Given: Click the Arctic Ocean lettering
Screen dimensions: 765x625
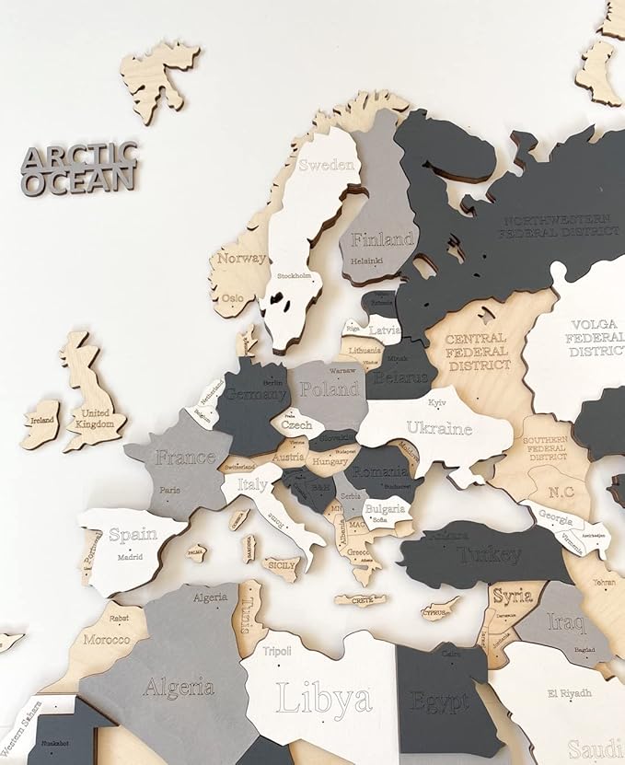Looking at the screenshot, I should click(79, 168).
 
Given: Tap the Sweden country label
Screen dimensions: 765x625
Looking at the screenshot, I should click(327, 166).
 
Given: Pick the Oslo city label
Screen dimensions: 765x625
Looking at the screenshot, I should click(233, 298).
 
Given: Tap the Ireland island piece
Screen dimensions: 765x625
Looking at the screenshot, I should click(41, 423).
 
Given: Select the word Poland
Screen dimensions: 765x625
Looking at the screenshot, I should click(328, 388).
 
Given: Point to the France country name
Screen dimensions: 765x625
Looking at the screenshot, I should click(185, 458).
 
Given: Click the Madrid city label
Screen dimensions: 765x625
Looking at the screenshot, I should click(130, 556).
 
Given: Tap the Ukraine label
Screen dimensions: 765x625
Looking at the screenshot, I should click(439, 428).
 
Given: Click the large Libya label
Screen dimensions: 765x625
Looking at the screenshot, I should click(324, 699).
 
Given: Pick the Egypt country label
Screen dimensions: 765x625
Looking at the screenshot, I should click(440, 701).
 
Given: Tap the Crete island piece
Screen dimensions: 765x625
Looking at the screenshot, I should click(360, 600).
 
